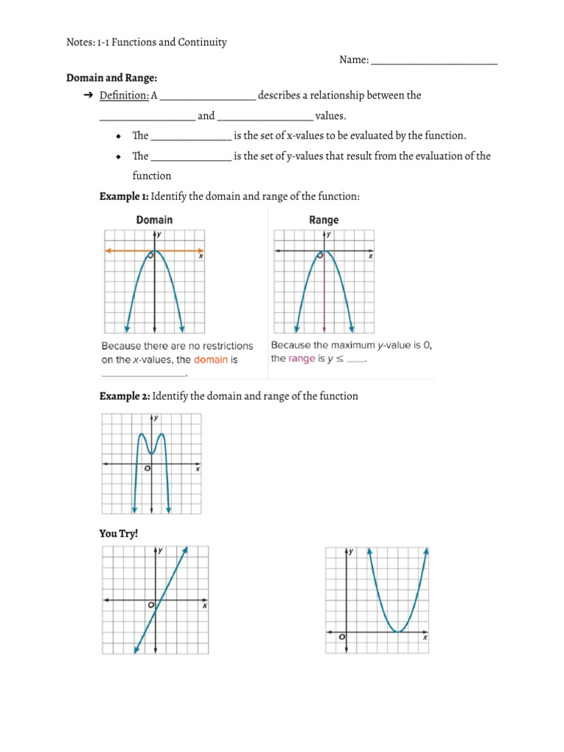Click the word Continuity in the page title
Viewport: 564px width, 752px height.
(202, 42)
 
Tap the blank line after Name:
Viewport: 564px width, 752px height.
(434, 61)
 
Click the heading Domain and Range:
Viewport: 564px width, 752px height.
(112, 77)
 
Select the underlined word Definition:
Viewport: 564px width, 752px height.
(124, 95)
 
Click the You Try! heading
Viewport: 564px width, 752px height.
(118, 533)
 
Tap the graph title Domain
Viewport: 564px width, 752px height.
(154, 220)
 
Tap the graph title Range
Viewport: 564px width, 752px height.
(324, 220)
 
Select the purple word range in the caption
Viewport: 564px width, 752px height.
(301, 358)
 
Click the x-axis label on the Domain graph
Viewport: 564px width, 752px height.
(201, 256)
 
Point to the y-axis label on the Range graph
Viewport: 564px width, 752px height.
(328, 234)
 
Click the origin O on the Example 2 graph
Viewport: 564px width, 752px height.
(147, 469)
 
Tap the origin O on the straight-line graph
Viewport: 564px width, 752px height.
(151, 605)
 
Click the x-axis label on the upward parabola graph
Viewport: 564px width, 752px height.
(425, 637)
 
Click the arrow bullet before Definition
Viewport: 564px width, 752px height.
(87, 95)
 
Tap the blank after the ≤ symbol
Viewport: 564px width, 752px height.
(356, 359)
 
